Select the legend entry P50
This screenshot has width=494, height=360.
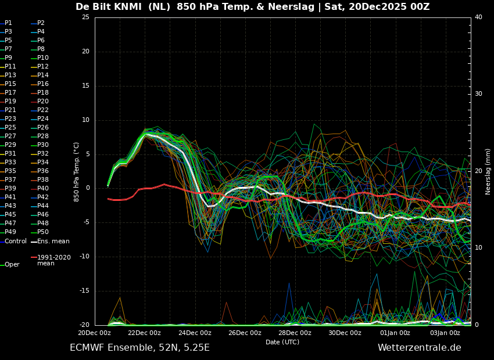pos(42,232)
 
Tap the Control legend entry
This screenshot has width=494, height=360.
pos(15,241)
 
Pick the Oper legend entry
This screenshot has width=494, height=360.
pos(12,265)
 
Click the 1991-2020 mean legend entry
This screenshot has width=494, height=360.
pos(53,260)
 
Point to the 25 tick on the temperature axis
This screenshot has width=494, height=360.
pos(85,17)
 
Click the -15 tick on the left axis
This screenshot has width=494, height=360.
pos(84,291)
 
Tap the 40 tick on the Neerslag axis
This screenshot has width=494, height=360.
pos(478,17)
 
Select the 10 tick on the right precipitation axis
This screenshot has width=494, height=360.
pos(478,248)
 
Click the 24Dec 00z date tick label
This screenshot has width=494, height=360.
pos(195,333)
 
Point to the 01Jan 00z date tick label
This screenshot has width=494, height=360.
pos(395,333)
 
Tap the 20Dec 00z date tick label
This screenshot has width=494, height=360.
pos(95,333)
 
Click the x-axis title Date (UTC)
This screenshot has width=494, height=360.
pos(282,342)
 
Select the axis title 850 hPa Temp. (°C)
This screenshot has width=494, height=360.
pos(76,171)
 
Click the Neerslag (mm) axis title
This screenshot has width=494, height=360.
pos(488,171)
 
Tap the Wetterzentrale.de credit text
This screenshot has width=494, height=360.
pos(419,348)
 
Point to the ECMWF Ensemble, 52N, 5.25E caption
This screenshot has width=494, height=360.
pos(139,348)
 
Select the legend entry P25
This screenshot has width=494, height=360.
pos(10,128)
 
